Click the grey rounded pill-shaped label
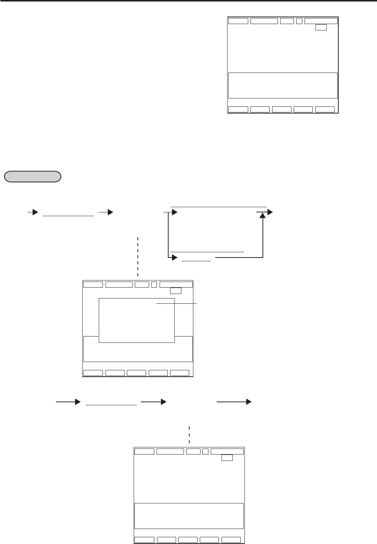pos(32,176)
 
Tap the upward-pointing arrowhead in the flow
pos(263,217)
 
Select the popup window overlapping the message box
pos(136,320)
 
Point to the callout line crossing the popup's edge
pos(176,303)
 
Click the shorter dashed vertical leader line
pos(189,435)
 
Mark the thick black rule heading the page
pos(188,1)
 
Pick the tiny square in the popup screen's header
pos(154,284)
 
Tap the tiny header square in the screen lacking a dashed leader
pos(299,21)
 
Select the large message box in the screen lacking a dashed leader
pos(283,85)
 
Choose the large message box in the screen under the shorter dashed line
pos(189,516)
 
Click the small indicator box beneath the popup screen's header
pos(175,291)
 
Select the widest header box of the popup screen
pos(176,284)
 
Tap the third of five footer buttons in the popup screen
pos(136,373)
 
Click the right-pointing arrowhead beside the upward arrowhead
pos(270,212)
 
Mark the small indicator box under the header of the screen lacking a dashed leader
pos(321,27)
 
